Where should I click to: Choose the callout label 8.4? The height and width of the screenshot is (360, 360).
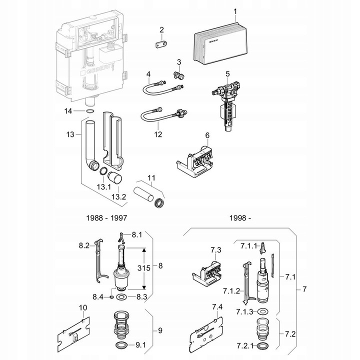pyautogui.click(x=97, y=296)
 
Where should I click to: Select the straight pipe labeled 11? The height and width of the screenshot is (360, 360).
pyautogui.click(x=149, y=194)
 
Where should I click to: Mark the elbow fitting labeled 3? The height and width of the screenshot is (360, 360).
pyautogui.click(x=177, y=75)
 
